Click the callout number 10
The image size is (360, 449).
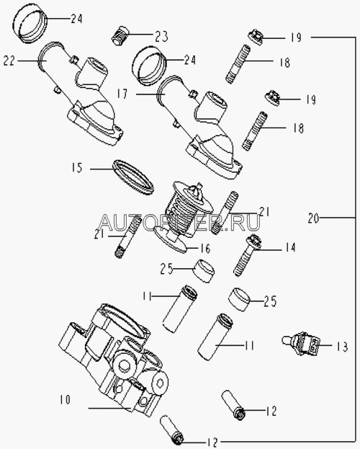point(65,400)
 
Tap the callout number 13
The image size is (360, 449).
point(342,347)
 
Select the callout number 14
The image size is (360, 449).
point(289,247)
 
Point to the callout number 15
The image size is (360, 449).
point(77,167)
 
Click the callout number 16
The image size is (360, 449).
point(205,248)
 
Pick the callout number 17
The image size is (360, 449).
point(122,94)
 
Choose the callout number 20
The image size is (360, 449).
point(313,218)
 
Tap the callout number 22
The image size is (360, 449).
point(9,61)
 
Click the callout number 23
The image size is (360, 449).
point(161,36)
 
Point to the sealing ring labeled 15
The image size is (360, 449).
point(133,177)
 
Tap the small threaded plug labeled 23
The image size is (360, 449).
point(120,36)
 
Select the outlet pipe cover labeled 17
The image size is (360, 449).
point(199,126)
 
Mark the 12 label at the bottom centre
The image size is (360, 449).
point(212,443)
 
